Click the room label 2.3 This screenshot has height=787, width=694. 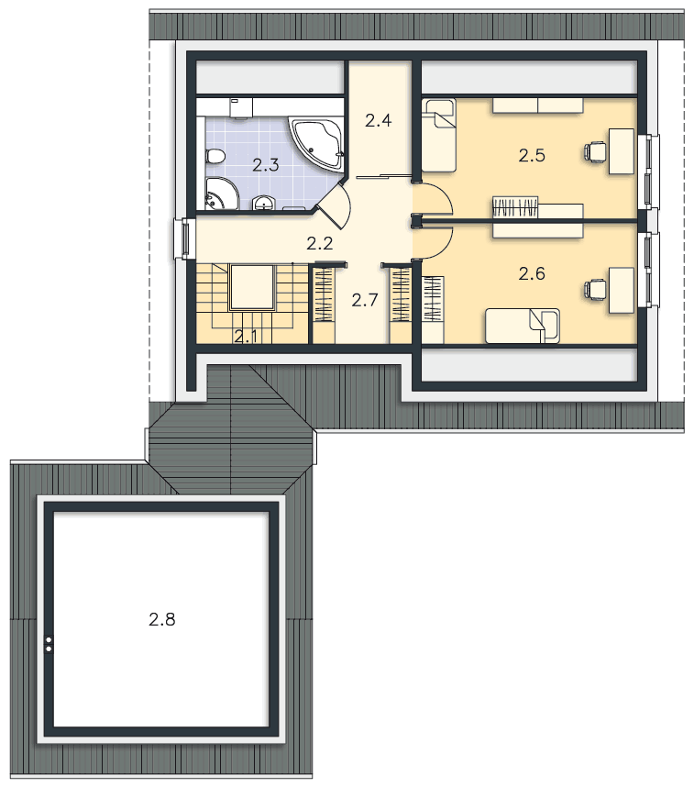266,164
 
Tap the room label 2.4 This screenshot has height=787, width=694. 378,120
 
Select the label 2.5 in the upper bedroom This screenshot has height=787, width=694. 532,156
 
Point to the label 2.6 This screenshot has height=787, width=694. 532,273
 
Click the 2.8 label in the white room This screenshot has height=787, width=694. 162,619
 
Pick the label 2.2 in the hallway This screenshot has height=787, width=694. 320,243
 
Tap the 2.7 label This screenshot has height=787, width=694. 364,300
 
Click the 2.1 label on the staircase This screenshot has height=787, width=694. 246,337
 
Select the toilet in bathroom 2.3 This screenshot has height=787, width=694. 215,157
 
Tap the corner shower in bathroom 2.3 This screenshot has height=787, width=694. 221,194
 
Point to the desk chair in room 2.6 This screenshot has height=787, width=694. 595,290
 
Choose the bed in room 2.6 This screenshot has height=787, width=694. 522,326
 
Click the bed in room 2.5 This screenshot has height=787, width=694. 438,135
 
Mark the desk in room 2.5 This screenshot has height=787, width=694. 622,151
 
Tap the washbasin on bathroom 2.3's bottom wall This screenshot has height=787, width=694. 263,203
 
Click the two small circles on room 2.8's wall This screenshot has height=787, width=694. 49,645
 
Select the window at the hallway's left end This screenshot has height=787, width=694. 184,238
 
